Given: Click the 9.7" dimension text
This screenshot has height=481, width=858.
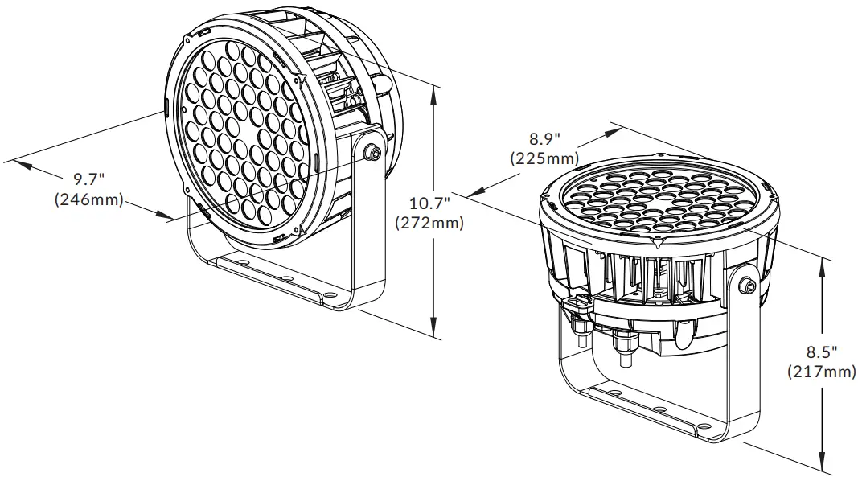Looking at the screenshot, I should click(91, 178).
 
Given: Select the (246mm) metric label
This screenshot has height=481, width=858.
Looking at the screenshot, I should click(88, 200).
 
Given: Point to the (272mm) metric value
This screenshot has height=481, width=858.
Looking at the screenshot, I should click(429, 223).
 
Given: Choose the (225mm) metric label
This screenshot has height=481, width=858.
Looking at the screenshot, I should click(544, 158).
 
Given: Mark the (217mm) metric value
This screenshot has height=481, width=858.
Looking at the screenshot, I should click(821, 372).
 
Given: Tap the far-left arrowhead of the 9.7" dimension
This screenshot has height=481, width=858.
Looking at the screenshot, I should click(19, 165).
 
